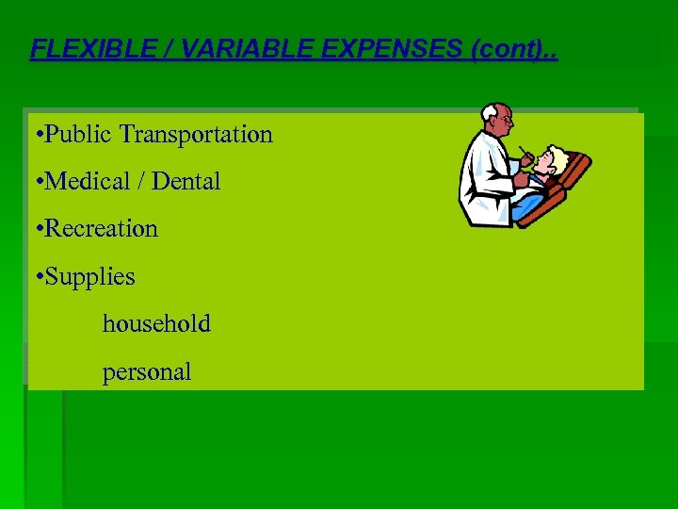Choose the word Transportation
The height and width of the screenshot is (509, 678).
196,135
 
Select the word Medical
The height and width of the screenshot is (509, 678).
89,181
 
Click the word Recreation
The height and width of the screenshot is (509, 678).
101,228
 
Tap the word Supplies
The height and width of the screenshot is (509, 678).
89,277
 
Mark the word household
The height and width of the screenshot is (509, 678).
156,323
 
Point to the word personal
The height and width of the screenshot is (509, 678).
147,371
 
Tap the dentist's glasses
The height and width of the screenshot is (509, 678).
505,121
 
